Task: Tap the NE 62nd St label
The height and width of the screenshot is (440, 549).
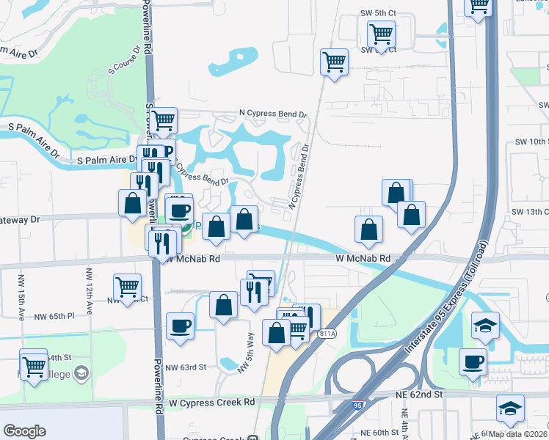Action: [422, 394]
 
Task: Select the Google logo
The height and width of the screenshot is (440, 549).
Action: [24, 430]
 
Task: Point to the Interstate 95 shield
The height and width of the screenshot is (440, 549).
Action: [357, 404]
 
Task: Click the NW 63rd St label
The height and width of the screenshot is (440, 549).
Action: [186, 367]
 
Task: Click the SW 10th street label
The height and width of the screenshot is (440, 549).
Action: [531, 141]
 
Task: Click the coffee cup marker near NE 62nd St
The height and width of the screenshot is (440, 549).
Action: [473, 361]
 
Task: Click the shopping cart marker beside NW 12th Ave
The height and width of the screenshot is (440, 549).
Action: [127, 287]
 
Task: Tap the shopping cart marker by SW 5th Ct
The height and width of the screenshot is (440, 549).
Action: [381, 33]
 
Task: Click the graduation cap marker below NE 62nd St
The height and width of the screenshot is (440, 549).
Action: [510, 408]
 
